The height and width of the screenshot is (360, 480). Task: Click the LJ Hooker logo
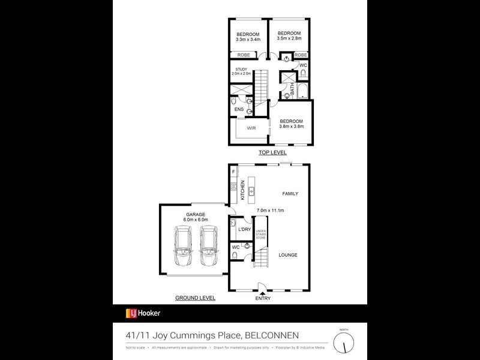pos(143,313)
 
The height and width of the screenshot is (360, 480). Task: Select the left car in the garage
pos(182,247)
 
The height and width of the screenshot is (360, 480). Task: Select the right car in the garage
pos(209,247)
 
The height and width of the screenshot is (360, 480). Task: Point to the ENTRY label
pos(263,298)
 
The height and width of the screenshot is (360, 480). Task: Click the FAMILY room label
pos(290,194)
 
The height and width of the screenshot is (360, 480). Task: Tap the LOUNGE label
pos(288,255)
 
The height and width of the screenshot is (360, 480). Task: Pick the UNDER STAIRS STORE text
pos(261,235)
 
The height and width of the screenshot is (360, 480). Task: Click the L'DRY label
pos(244,230)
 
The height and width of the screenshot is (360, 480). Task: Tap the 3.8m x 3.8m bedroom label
pos(292,124)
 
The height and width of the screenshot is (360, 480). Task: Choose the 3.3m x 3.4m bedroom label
pos(247,36)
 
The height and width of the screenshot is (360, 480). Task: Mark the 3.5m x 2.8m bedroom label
pos(289,35)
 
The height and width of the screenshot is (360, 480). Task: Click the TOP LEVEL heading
pos(272,153)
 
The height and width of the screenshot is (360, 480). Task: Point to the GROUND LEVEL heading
pos(195,298)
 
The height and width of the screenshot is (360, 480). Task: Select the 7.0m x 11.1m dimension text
pos(270,211)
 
